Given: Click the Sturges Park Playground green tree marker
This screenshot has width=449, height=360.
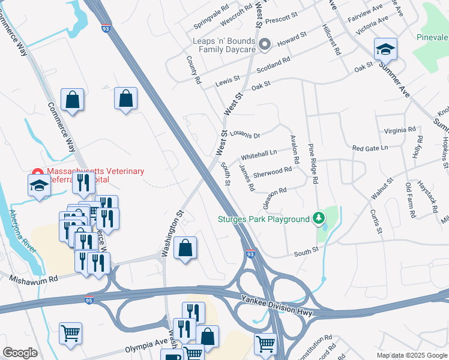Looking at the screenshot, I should [320, 219].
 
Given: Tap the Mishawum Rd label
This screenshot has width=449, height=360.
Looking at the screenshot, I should [33, 279].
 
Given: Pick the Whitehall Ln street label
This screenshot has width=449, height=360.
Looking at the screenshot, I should [259, 153].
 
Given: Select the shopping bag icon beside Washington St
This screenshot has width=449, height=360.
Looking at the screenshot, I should [185, 248].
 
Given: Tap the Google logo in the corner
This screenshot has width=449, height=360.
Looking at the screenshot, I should [20, 353].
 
